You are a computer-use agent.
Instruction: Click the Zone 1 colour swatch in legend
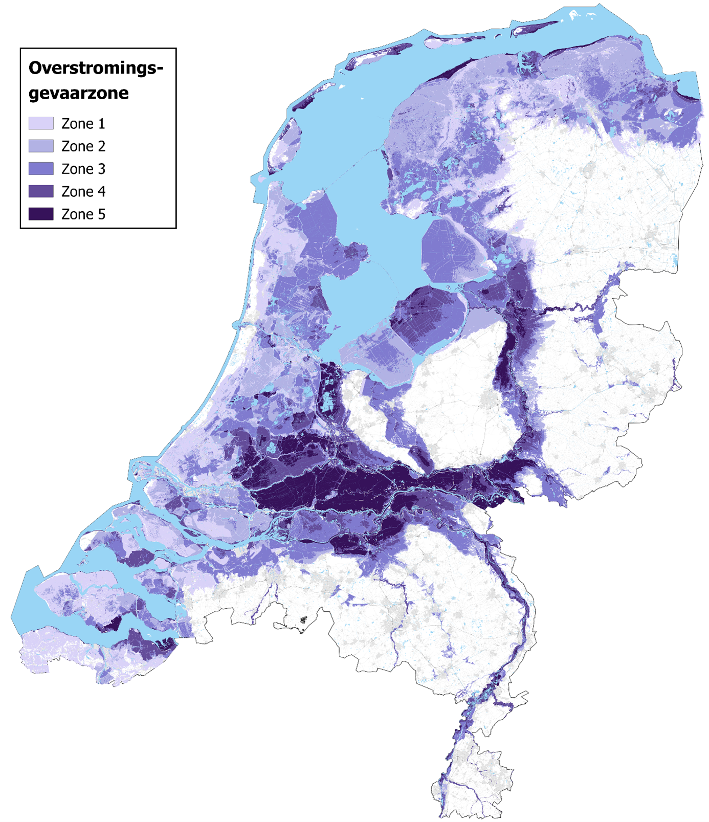41,123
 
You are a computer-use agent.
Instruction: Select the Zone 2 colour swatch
41,146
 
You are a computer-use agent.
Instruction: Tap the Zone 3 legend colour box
41,169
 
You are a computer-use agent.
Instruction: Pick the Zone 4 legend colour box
41,191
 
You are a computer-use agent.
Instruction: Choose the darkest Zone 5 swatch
41,214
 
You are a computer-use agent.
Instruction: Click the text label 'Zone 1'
83,124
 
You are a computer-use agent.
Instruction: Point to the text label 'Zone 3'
83,169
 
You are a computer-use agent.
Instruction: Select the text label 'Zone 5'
83,214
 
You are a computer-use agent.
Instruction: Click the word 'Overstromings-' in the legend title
96,68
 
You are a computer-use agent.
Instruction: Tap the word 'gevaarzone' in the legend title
78,93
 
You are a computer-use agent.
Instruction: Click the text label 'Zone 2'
83,146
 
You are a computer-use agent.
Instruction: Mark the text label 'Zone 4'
83,192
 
